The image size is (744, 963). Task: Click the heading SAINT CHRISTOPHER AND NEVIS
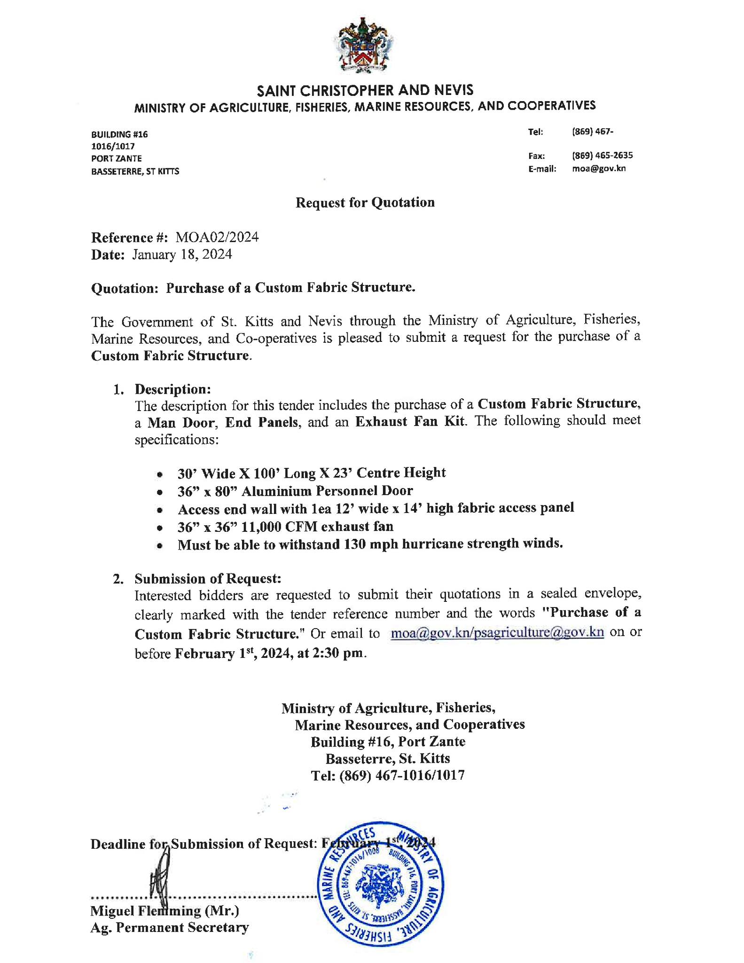click(x=365, y=90)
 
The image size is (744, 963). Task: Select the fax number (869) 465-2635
click(x=602, y=155)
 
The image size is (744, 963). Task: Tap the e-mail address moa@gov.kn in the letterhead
click(x=598, y=168)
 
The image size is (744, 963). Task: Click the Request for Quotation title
click(x=365, y=202)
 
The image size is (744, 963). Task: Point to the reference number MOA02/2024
click(x=217, y=237)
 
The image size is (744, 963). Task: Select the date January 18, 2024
click(x=182, y=255)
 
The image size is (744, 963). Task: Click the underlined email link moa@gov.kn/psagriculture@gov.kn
click(x=497, y=632)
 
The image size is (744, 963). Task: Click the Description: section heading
click(x=172, y=389)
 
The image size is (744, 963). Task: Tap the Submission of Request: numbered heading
click(x=208, y=578)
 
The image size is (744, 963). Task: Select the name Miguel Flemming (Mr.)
click(x=164, y=911)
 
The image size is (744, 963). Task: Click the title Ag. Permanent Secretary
click(x=169, y=928)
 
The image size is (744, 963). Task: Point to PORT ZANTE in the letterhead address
click(x=116, y=158)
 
